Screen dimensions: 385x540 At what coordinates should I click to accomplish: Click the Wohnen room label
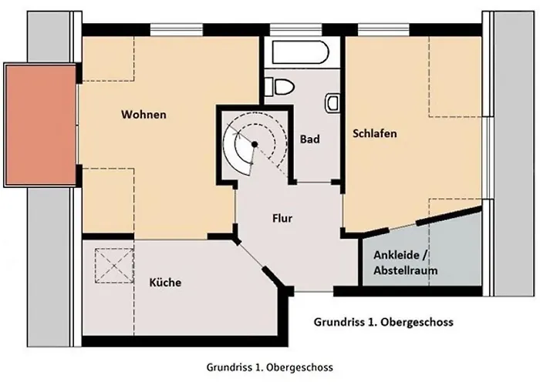pos(143,115)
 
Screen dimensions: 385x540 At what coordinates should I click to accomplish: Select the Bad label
pos(309,139)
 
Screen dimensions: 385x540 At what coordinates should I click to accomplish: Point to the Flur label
pos(282,218)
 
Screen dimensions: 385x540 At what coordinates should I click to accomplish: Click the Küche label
pos(165,283)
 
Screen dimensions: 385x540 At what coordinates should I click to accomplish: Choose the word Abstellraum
pos(406,271)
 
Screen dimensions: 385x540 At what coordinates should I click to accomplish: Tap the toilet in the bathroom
pos(281,87)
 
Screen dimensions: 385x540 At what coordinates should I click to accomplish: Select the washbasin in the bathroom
pos(332,102)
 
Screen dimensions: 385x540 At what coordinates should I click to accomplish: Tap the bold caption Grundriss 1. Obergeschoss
pos(383,322)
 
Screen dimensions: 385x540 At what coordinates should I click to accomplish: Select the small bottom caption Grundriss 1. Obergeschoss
pos(270,367)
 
